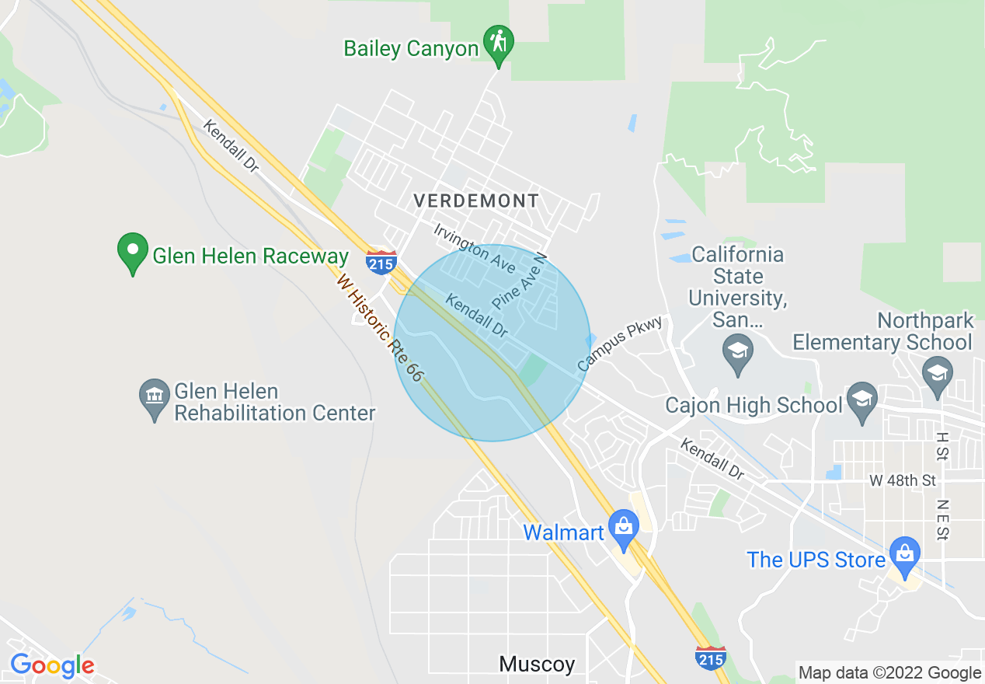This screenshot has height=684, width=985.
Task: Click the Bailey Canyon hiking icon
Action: (x=498, y=44)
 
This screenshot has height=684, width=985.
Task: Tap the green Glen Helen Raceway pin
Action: (x=132, y=252)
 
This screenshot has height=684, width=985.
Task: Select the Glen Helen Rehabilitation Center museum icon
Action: (x=155, y=399)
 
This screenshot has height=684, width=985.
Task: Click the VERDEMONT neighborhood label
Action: (x=476, y=201)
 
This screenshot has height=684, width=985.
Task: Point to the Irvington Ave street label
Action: (x=475, y=248)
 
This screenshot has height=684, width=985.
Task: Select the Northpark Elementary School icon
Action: (x=938, y=372)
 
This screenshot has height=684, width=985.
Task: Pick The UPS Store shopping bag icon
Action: (x=904, y=555)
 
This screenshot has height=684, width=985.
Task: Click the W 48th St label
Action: (x=903, y=481)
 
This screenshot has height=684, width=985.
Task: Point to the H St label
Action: (x=942, y=446)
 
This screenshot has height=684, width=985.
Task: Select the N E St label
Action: (x=942, y=519)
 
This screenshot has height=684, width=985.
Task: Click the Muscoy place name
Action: (x=537, y=665)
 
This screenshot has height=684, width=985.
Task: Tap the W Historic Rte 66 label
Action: (x=380, y=326)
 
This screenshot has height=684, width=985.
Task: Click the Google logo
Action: (x=52, y=665)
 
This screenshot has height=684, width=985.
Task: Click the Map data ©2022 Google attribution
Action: (x=889, y=673)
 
